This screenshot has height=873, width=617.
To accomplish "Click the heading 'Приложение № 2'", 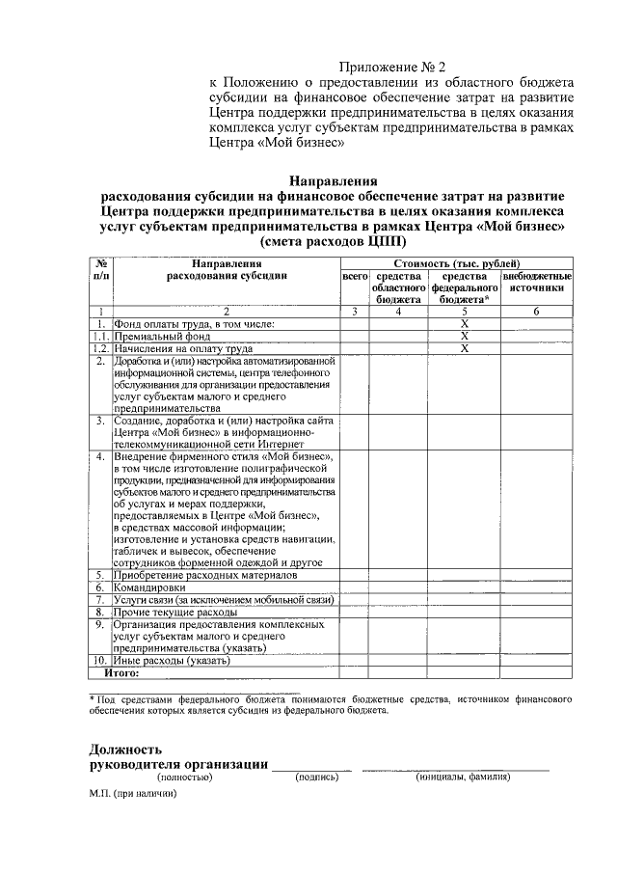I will coord(392,67).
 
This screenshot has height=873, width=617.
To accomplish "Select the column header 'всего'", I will coord(355,276).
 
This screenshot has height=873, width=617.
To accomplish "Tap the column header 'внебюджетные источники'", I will coord(536,282).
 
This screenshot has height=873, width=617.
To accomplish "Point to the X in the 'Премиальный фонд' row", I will coord(465,336).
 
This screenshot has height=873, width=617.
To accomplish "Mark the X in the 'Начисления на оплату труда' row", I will coord(465,348).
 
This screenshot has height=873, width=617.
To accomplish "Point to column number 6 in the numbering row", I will coord(536,312).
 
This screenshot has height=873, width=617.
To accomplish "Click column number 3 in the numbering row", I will coord(355,312).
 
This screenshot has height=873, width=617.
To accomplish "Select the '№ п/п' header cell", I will coord(100,269).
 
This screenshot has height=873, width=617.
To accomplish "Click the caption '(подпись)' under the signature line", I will coord(317,777).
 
